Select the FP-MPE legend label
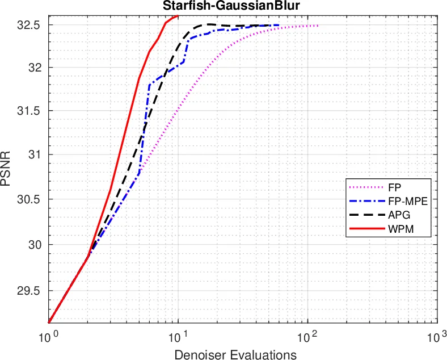click(404, 201)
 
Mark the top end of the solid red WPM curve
click(178, 16)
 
